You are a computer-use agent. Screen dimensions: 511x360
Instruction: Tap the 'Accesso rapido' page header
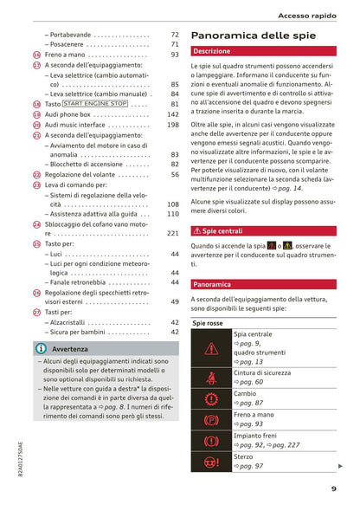tap(313, 15)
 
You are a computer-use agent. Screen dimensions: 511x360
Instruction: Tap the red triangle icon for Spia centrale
tap(211, 349)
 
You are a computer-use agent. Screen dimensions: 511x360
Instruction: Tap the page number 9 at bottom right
tap(333, 488)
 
